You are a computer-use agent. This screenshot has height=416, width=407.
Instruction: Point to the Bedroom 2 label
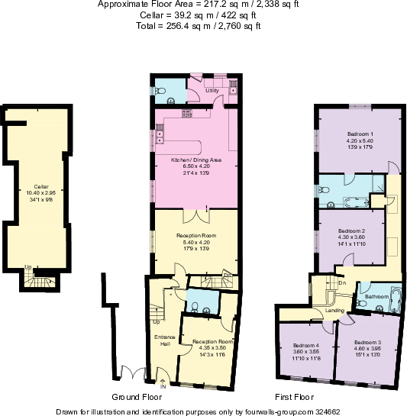click(352, 231)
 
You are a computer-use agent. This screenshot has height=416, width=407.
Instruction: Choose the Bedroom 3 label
click(368, 342)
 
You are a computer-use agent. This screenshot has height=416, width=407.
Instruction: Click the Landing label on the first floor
click(334, 311)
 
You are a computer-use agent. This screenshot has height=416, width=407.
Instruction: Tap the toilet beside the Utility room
click(161, 92)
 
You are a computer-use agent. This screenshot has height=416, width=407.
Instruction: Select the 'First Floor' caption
click(294, 397)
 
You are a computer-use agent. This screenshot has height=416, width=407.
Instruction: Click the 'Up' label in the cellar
click(28, 266)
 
